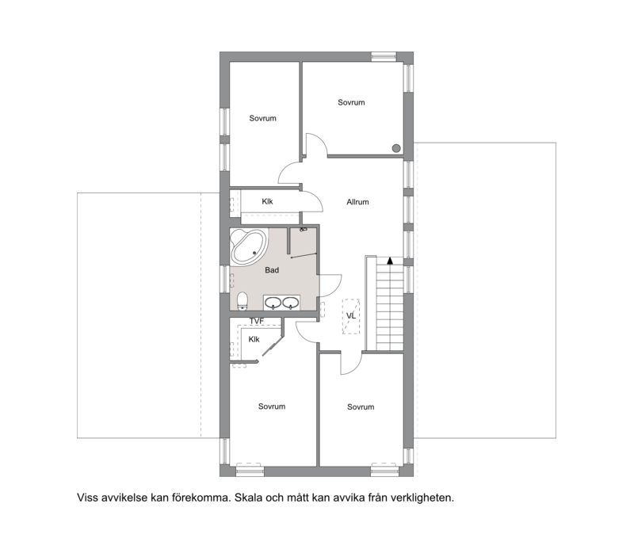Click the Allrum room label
coord(357,202)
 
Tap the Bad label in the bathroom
coord(272,270)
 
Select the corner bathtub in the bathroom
coord(249,247)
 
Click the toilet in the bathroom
coord(243,301)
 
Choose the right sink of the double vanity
coord(290,303)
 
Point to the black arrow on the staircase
coord(390,261)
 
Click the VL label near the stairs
coord(351,316)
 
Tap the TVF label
coord(256,322)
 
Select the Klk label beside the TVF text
coord(254,340)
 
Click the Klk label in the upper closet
coord(267,202)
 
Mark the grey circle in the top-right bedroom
coord(396,148)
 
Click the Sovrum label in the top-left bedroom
coord(263,118)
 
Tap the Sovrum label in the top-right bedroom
coord(351,103)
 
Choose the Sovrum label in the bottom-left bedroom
coord(272,406)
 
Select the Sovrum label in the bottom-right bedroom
coord(361,407)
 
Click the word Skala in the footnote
coord(249,498)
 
